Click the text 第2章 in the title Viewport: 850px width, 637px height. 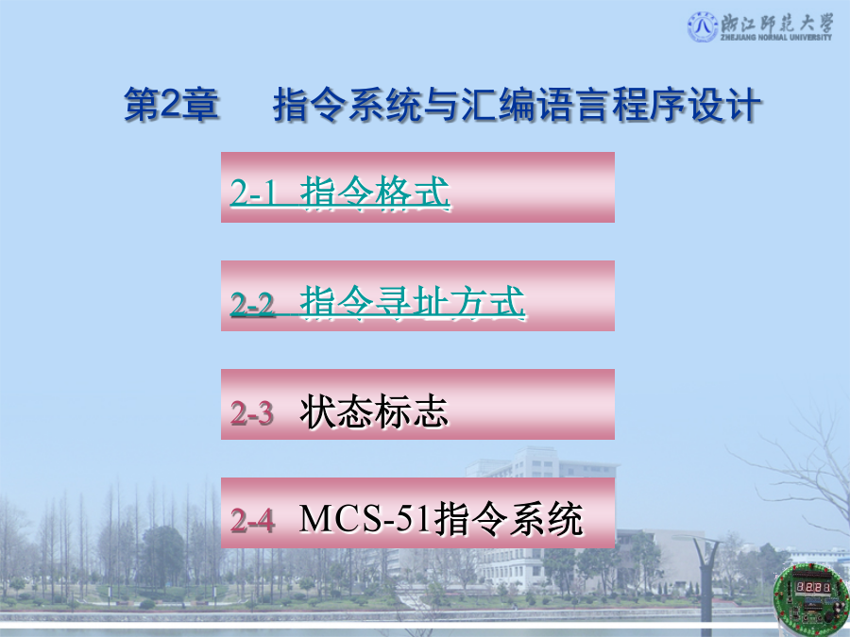coord(171,104)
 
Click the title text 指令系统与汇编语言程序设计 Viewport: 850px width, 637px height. coord(518,104)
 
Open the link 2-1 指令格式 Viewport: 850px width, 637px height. coord(340,192)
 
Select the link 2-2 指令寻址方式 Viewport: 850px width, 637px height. coord(378,302)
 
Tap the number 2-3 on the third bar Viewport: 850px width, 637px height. coord(251,412)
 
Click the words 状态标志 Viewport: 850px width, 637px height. coord(373,411)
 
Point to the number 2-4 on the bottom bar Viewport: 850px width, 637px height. coord(252,521)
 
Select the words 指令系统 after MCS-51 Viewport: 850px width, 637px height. coord(508,519)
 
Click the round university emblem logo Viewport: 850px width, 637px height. coord(703,26)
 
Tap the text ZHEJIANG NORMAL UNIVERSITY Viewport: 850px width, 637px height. coord(776,38)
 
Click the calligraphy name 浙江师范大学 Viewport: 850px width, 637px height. coord(777,23)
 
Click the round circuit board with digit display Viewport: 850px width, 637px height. coord(811,595)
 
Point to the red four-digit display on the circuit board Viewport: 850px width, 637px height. coord(812,588)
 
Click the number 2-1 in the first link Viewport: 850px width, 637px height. coord(253,193)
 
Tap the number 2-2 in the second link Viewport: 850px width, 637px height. coord(252,303)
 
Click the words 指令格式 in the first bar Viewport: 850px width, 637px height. coord(375,192)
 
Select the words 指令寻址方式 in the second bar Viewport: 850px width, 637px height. coord(413,302)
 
